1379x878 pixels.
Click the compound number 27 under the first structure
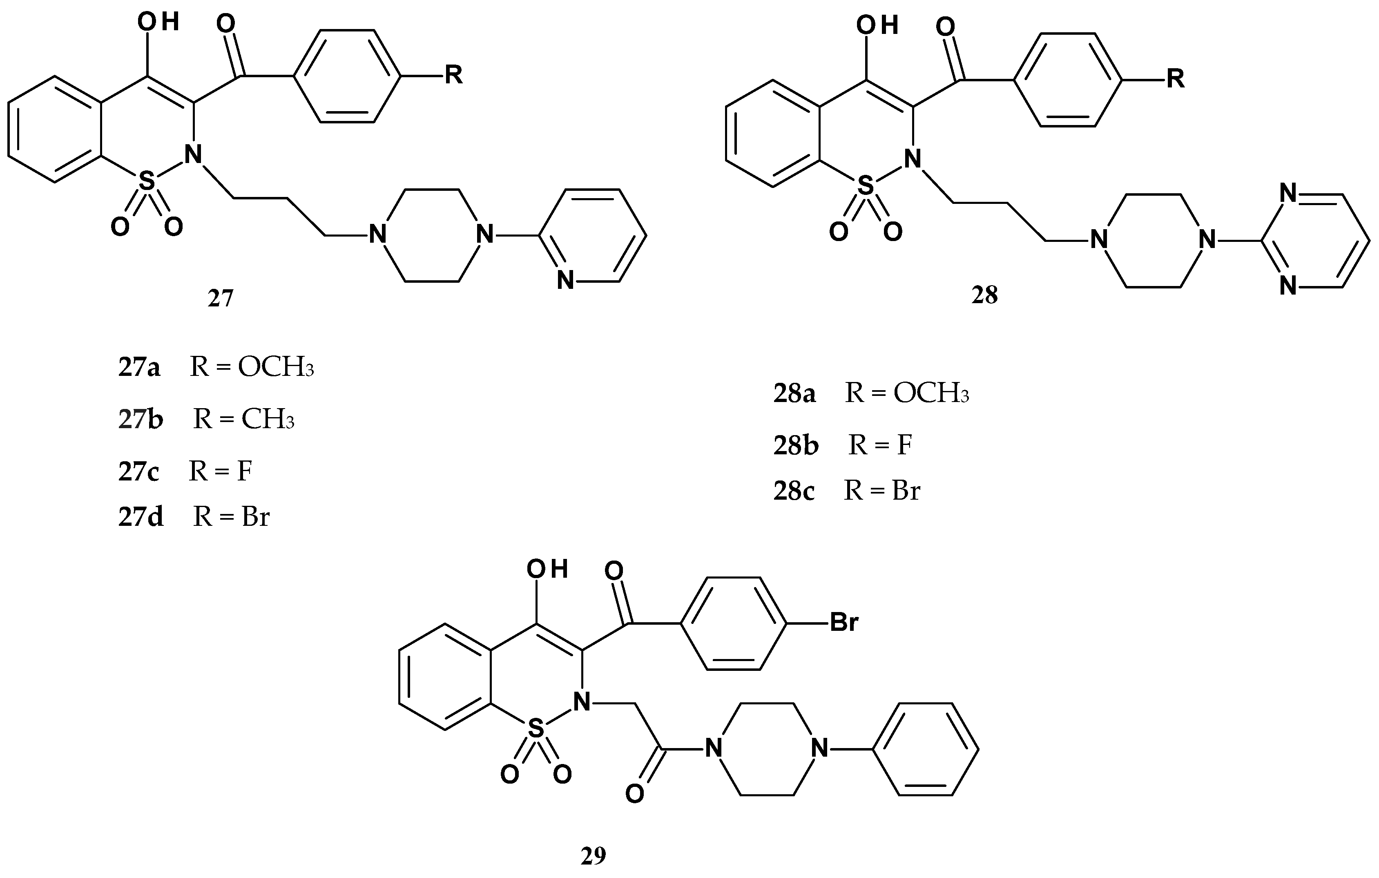(x=221, y=298)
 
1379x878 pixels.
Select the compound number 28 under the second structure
(x=984, y=295)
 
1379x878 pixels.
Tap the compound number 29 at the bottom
(x=593, y=856)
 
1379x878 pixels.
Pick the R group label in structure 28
(x=1175, y=78)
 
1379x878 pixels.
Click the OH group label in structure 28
(x=876, y=25)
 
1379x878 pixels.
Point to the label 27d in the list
(x=141, y=516)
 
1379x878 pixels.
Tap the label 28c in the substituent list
(x=794, y=491)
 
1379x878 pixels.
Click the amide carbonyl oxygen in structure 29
(x=634, y=794)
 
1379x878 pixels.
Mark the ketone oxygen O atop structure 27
(x=226, y=24)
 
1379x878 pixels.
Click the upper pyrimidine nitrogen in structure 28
(x=1288, y=194)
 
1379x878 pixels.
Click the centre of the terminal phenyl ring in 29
(x=925, y=748)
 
